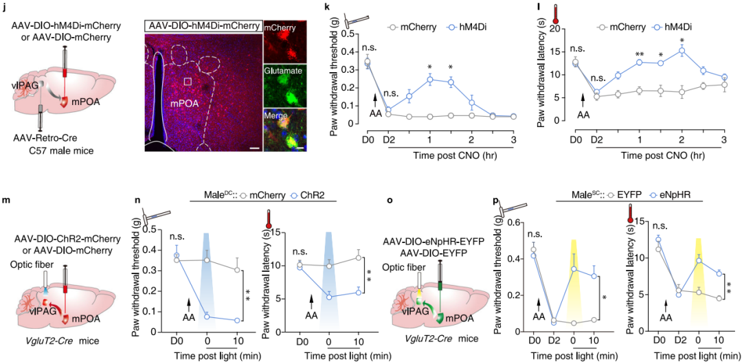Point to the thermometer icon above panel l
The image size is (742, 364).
[x=537, y=12]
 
